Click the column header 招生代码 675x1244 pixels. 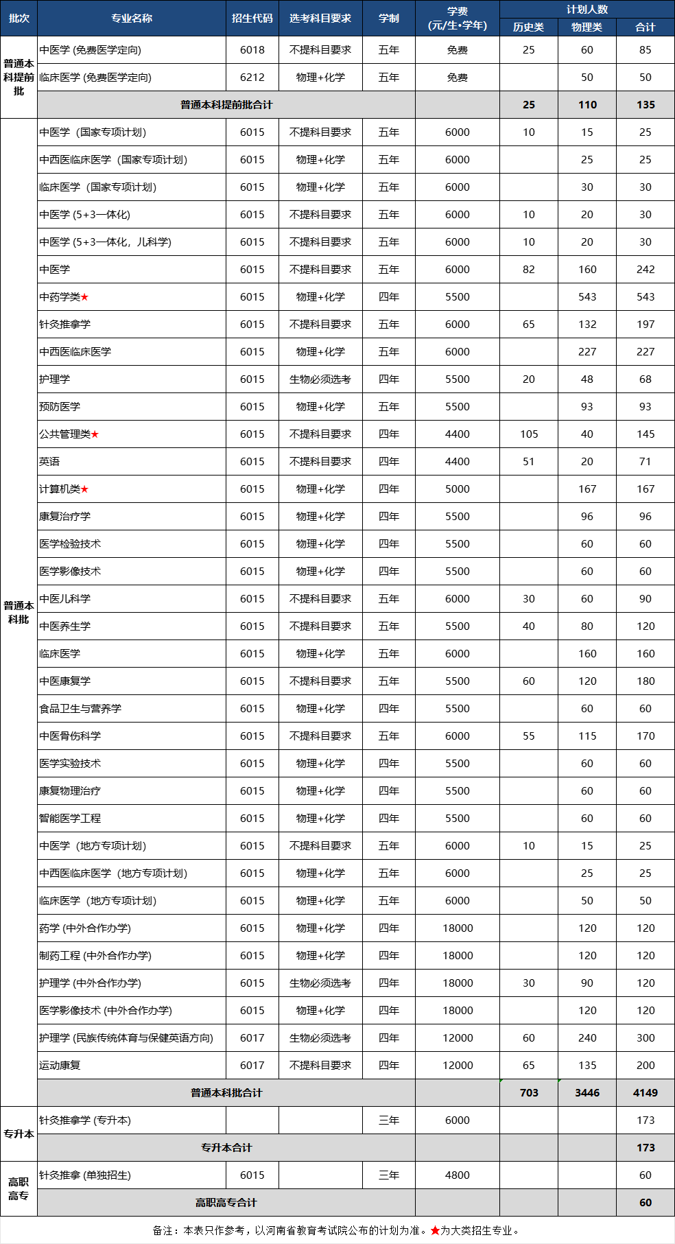click(x=252, y=19)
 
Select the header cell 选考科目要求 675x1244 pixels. click(x=320, y=19)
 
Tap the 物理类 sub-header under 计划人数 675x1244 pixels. click(x=587, y=27)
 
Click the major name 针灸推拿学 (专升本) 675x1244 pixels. click(x=85, y=1120)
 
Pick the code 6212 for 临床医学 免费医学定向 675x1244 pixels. click(x=252, y=78)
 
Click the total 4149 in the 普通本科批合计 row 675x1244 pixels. click(x=645, y=1093)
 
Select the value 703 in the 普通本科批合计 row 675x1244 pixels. click(x=528, y=1093)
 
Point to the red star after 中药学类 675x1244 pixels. click(x=84, y=297)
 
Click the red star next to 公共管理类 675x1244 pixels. click(x=95, y=434)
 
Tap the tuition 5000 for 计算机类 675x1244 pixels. click(x=457, y=489)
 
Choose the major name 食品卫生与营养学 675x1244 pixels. click(x=80, y=709)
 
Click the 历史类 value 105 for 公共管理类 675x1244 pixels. click(x=528, y=434)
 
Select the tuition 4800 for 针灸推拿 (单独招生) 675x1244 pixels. click(x=457, y=1175)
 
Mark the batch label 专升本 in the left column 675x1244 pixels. click(x=19, y=1134)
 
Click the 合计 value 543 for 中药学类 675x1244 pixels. click(x=645, y=297)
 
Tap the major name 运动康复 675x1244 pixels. click(x=60, y=1066)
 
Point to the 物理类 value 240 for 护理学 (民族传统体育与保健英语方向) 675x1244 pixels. click(x=587, y=1038)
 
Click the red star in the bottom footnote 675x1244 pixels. click(x=435, y=1230)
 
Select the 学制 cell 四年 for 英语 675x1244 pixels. click(x=388, y=462)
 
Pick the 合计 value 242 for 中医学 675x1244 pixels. click(x=645, y=270)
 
